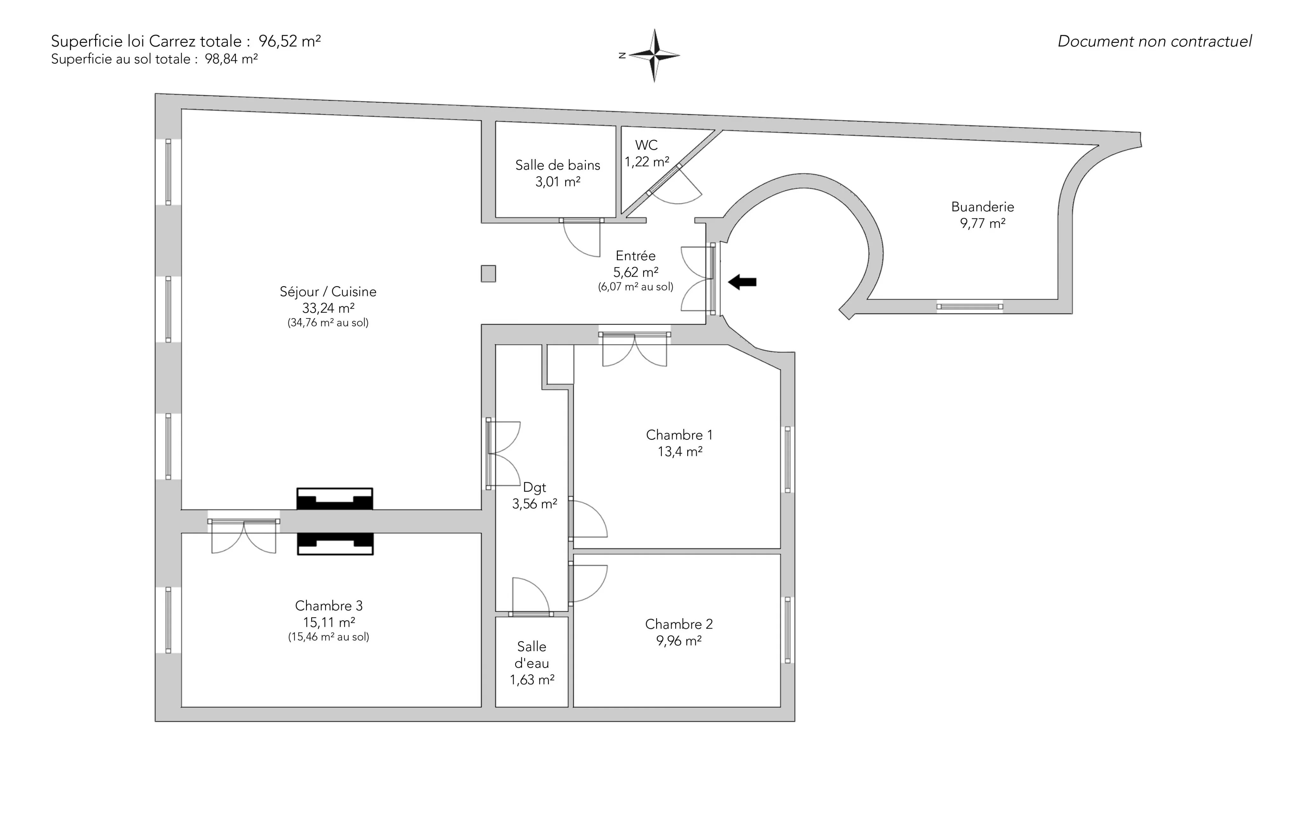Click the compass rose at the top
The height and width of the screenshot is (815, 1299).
coord(654,55)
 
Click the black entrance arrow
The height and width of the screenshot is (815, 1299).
coord(742,281)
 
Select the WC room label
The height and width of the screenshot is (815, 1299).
coord(646,145)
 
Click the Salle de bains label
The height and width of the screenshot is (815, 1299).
coord(558,165)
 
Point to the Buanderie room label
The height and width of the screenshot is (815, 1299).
coord(982,207)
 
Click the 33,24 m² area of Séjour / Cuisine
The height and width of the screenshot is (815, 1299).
coord(328,308)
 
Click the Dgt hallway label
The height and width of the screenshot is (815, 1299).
coord(535,488)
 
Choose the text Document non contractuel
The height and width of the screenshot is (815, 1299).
coord(1154,42)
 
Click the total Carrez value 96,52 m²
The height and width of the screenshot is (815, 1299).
coord(290,41)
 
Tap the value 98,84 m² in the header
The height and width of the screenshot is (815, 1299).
coord(231,59)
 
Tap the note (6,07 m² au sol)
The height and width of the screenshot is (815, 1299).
coord(636,287)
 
